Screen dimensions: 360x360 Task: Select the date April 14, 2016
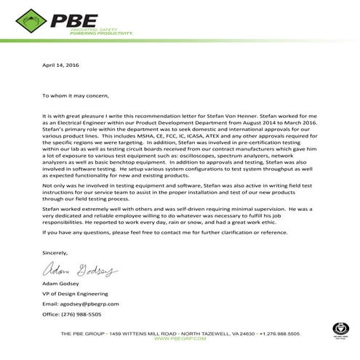[59, 66]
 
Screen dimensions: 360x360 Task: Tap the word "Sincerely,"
[54, 252]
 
